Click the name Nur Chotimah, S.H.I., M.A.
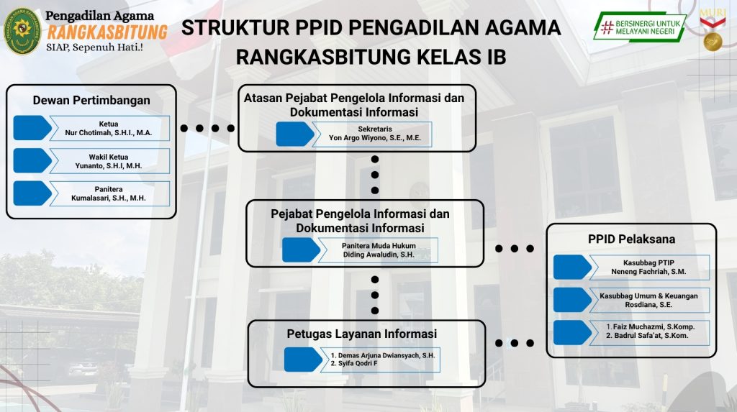(x=108, y=133)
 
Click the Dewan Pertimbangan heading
(x=91, y=100)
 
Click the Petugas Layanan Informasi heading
(x=361, y=334)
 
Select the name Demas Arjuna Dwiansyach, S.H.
(x=382, y=355)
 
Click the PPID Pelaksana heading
(x=631, y=239)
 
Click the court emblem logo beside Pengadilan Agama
(x=22, y=31)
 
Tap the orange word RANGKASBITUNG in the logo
(x=107, y=32)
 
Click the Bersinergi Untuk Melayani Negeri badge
(x=639, y=27)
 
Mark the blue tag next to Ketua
(x=32, y=128)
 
